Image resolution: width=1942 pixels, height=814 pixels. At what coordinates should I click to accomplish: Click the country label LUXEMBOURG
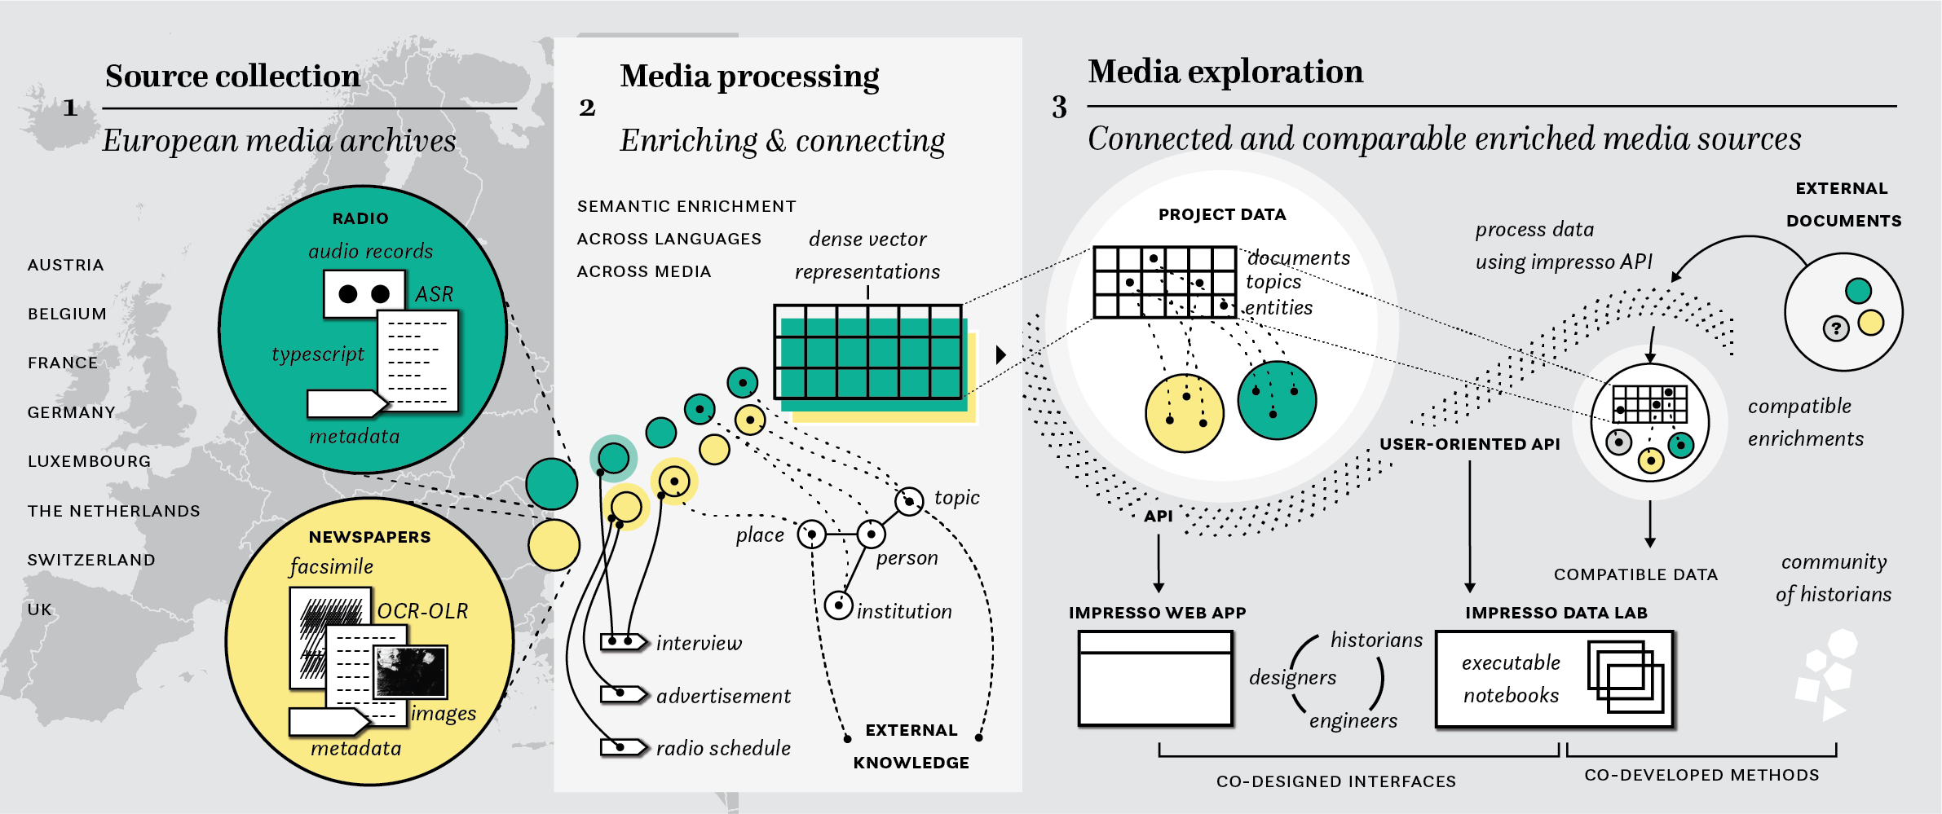(89, 461)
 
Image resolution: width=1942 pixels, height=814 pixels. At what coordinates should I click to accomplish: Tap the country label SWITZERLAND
(91, 560)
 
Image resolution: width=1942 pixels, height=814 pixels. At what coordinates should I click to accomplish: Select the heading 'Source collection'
(232, 76)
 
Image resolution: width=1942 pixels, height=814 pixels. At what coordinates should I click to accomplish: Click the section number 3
(1059, 108)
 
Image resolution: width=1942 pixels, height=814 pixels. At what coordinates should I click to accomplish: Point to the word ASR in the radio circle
(434, 294)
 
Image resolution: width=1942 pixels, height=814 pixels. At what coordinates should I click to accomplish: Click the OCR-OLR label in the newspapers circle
(422, 611)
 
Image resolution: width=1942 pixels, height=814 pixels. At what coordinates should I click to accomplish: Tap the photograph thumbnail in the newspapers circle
(410, 671)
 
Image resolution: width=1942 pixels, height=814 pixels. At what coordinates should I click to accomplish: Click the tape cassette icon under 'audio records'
(364, 293)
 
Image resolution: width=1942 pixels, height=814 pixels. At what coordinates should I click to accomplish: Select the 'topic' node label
(956, 497)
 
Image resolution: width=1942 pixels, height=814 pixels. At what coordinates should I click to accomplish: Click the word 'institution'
(904, 611)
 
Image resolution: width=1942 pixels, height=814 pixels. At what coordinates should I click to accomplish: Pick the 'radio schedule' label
(723, 748)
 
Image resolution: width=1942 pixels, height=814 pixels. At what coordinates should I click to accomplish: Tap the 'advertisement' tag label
(723, 696)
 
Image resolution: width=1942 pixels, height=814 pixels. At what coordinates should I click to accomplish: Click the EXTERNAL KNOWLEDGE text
(911, 746)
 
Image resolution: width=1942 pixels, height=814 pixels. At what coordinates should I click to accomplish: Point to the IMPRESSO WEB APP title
(1157, 613)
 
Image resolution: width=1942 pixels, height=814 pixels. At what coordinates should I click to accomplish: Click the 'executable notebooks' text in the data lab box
(1511, 679)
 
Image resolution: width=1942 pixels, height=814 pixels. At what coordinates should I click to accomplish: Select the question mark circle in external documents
(1836, 329)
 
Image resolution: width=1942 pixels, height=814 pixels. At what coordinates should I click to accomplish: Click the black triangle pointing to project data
(1001, 354)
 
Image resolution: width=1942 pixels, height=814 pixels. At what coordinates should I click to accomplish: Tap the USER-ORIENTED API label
(1469, 444)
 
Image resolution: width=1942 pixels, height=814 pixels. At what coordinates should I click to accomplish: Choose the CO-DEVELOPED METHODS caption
(1701, 775)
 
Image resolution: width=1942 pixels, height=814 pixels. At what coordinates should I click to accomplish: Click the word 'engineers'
(1353, 720)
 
